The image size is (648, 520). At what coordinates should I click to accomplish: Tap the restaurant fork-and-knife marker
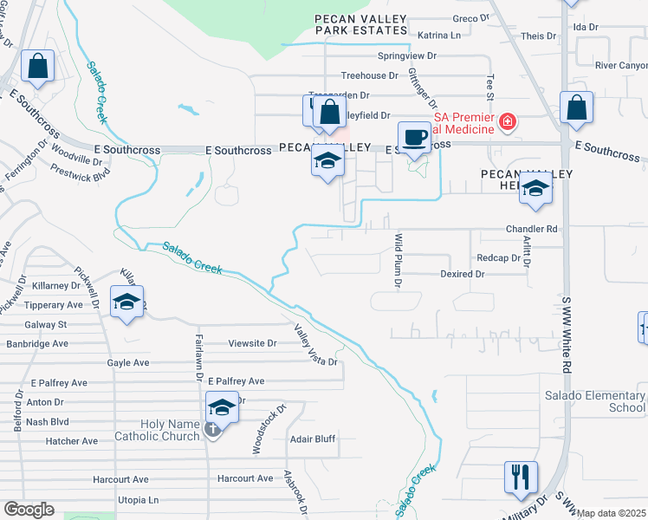[521, 478]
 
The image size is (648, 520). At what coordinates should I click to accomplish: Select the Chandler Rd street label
[531, 229]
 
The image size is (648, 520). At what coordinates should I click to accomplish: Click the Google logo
[29, 510]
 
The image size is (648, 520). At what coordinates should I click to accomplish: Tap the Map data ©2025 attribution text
[612, 513]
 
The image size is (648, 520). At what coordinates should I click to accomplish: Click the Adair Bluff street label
[312, 439]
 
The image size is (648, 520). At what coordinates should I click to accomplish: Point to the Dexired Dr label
[462, 274]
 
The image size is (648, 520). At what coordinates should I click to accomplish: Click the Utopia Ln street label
[139, 500]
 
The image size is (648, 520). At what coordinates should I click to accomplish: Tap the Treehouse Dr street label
[368, 76]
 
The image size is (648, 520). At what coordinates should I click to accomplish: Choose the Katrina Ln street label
[439, 36]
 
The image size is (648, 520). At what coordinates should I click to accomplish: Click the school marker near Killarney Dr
[127, 304]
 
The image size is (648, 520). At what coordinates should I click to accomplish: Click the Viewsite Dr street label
[252, 343]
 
